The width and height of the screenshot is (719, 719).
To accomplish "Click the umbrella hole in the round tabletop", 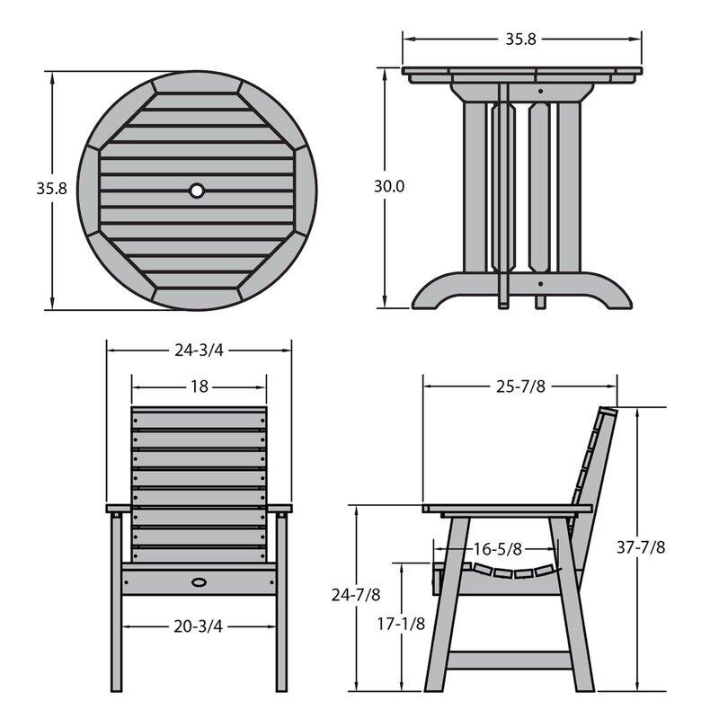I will click(x=197, y=191).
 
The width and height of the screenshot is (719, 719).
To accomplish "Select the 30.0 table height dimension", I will click(x=390, y=187).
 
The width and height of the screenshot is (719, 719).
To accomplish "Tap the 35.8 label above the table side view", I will click(x=521, y=39).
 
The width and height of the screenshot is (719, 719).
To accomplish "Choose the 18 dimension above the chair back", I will click(x=199, y=386).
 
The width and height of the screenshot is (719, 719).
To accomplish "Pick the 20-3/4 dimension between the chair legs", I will click(x=199, y=626).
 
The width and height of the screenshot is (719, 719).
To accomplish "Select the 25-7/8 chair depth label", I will click(x=521, y=386).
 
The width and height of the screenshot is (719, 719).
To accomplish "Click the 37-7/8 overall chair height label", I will click(x=642, y=547).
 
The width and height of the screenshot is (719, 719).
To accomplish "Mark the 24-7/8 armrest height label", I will click(x=355, y=594).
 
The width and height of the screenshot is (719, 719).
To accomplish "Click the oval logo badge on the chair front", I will click(x=199, y=582).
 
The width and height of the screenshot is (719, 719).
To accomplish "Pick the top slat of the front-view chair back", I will click(x=199, y=417).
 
